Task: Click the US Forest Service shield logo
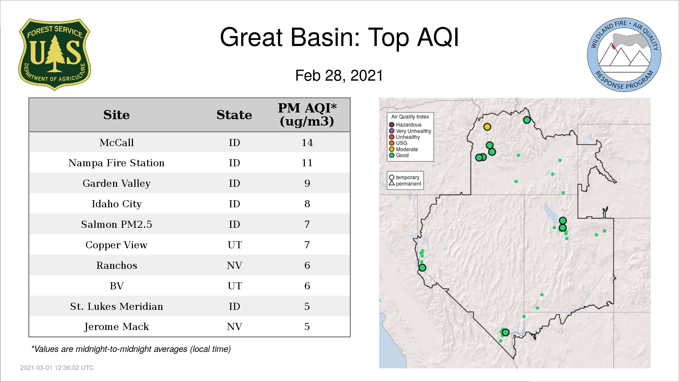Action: point(54,54)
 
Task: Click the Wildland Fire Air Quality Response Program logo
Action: point(624,55)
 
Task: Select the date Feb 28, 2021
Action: point(339,76)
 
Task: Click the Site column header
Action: point(116,115)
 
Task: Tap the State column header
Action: point(234,115)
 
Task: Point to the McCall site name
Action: point(116,143)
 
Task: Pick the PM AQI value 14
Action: point(307,143)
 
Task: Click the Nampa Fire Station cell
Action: point(116,163)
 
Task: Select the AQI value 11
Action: point(307,163)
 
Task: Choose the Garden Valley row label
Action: point(116,184)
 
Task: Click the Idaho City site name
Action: point(116,204)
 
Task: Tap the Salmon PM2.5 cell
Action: point(116,225)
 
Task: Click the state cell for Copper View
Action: point(234,245)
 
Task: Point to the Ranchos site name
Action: point(116,266)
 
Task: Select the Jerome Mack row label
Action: point(116,327)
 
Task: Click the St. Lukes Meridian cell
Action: point(116,306)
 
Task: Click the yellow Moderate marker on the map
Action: point(487,127)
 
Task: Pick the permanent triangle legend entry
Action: point(405,184)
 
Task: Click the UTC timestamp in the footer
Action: point(57,368)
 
